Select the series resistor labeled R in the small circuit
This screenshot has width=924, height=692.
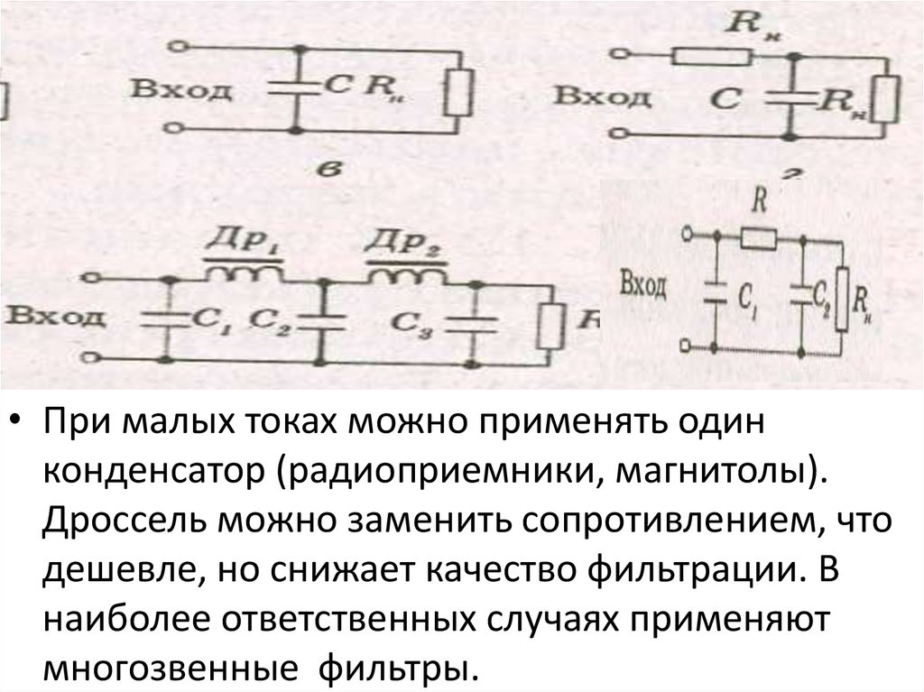tap(759, 239)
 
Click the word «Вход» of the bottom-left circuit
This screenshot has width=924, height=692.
tap(45, 317)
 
